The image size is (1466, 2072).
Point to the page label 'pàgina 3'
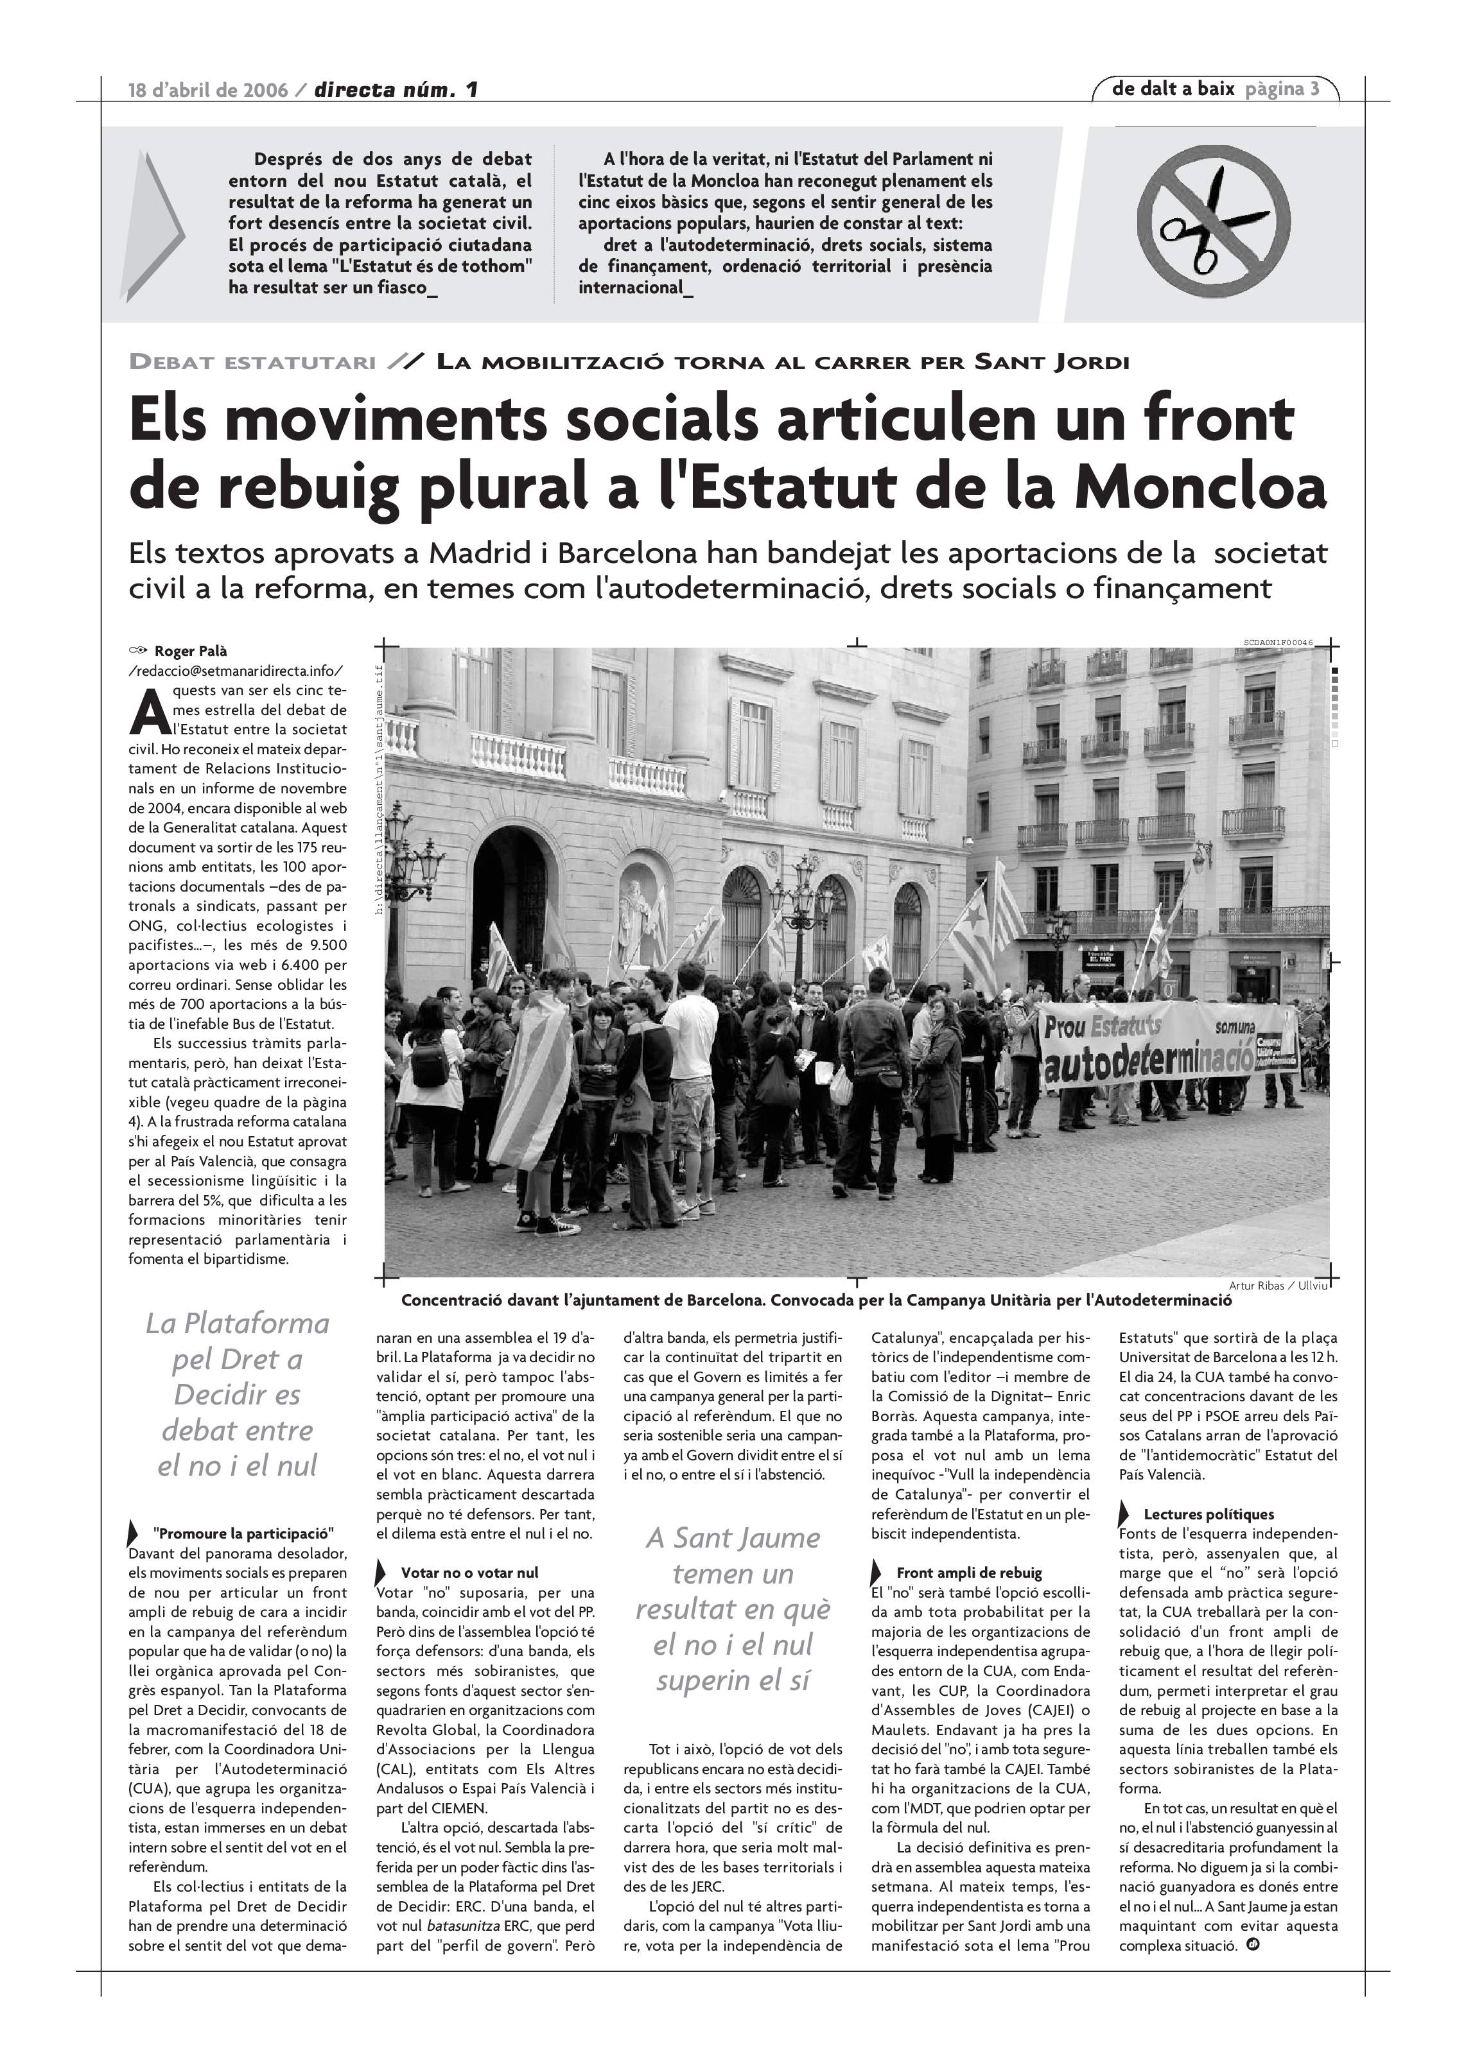click(1282, 89)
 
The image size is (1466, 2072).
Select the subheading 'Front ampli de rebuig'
click(968, 1572)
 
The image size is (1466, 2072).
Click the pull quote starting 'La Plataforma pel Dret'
click(238, 1394)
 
